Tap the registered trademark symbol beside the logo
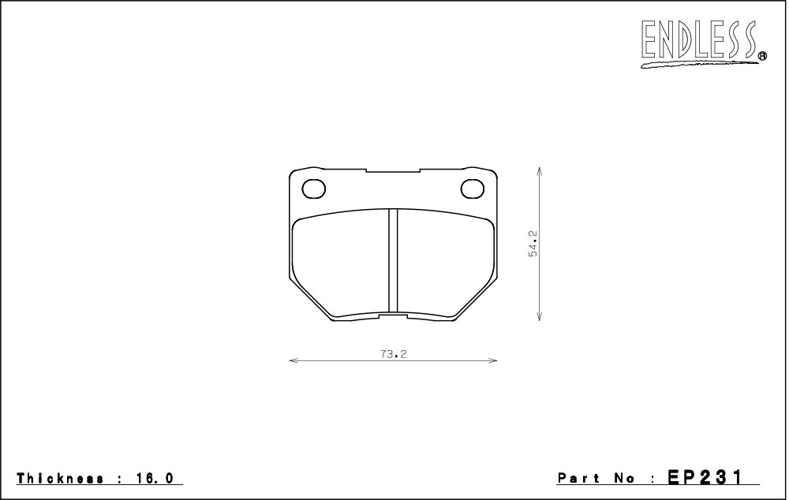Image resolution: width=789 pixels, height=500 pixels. pos(762,56)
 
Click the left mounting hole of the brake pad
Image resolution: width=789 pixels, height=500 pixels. pos(313,188)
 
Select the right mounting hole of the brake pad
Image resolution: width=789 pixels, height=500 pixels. pos(473,188)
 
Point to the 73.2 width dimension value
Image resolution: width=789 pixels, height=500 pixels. pos(394,354)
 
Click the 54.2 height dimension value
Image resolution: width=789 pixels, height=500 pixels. pos(533,244)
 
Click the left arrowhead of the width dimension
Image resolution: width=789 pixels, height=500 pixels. pos(294,360)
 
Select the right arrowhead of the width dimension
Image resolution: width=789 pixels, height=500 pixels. pos(492,360)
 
